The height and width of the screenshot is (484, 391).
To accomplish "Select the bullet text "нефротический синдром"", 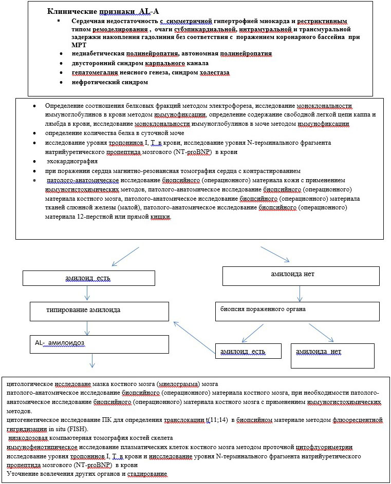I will point(110,82).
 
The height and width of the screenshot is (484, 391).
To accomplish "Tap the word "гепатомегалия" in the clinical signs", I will point(96,72).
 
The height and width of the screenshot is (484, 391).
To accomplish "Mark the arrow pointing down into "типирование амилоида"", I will point(88,294).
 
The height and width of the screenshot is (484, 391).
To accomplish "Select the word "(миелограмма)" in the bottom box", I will point(177,384).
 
